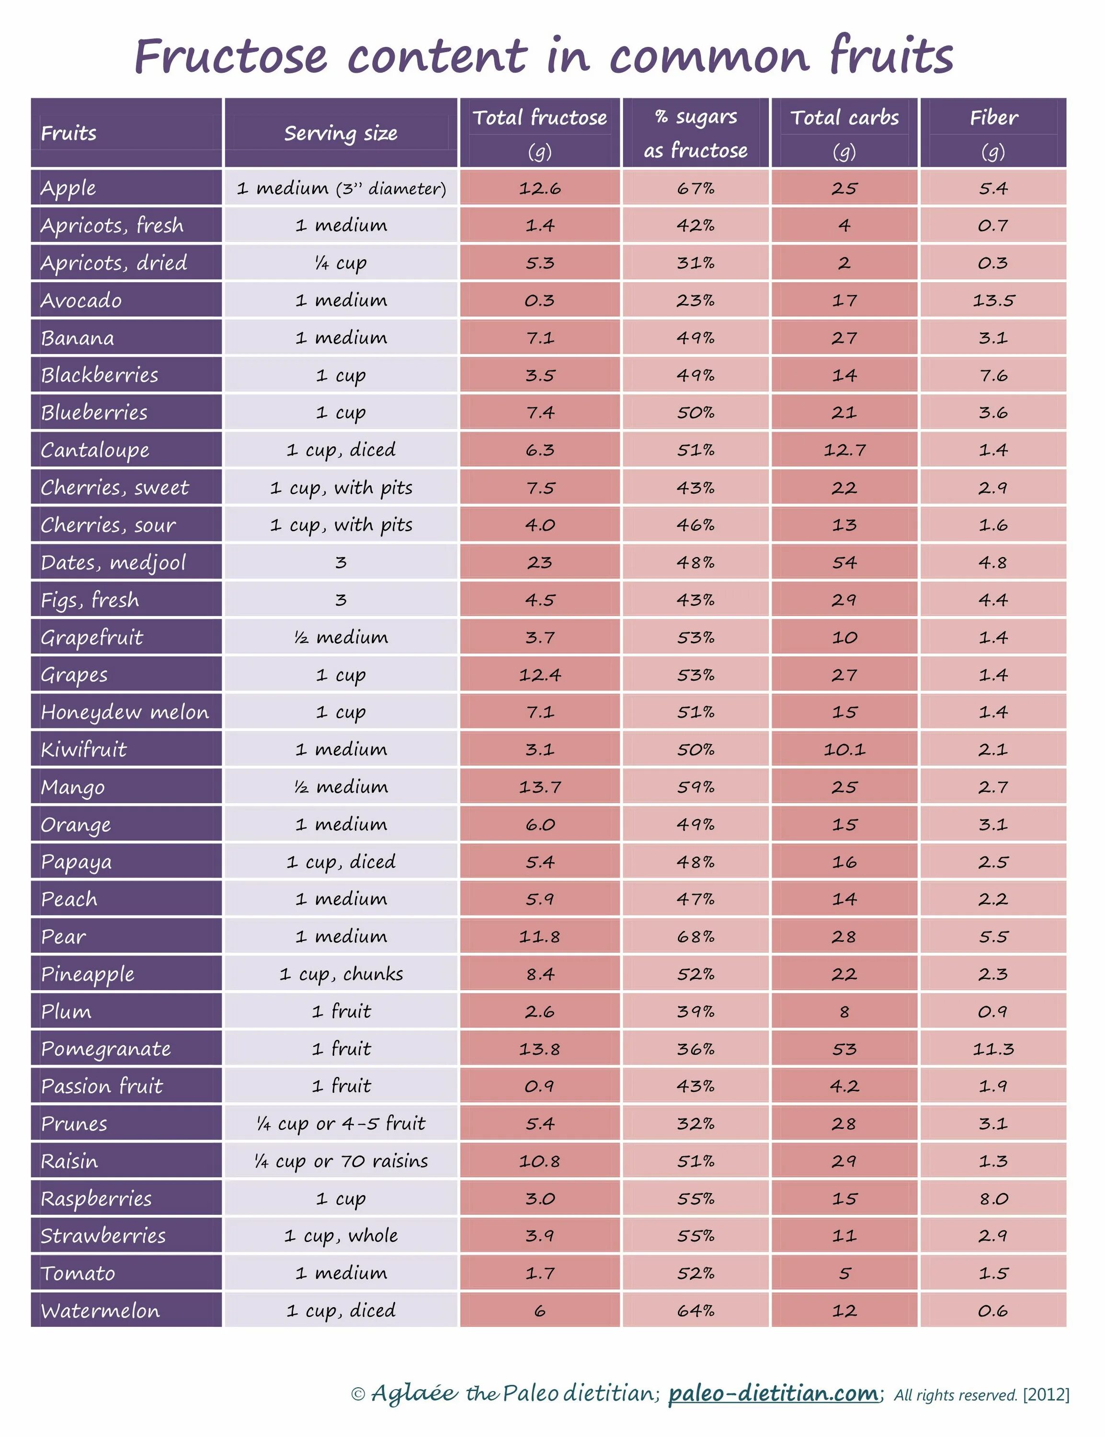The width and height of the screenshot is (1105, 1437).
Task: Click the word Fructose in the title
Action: (x=231, y=57)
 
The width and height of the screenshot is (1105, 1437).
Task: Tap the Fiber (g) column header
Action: (x=993, y=133)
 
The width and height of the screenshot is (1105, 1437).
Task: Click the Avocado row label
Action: (x=81, y=300)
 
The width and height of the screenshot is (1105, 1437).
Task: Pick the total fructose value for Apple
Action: (x=539, y=189)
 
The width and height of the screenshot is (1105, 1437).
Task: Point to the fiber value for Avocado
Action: (x=993, y=300)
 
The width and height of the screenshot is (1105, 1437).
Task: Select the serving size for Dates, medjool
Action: (x=341, y=563)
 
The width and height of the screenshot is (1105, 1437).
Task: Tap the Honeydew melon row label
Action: (x=125, y=712)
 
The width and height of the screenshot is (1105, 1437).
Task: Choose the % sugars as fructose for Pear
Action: (x=695, y=936)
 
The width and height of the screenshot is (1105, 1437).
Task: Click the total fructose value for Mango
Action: (x=539, y=787)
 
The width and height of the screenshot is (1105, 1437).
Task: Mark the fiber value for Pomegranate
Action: (x=993, y=1049)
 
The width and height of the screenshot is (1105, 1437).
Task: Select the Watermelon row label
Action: (x=100, y=1311)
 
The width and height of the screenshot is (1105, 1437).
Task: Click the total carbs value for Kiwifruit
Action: (x=844, y=750)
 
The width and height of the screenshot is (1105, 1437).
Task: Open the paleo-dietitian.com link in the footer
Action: (x=773, y=1393)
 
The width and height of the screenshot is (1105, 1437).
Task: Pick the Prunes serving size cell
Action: (x=341, y=1124)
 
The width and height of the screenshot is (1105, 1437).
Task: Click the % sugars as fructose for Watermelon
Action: (x=695, y=1311)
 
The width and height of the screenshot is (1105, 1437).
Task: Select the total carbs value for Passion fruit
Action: (x=844, y=1086)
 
